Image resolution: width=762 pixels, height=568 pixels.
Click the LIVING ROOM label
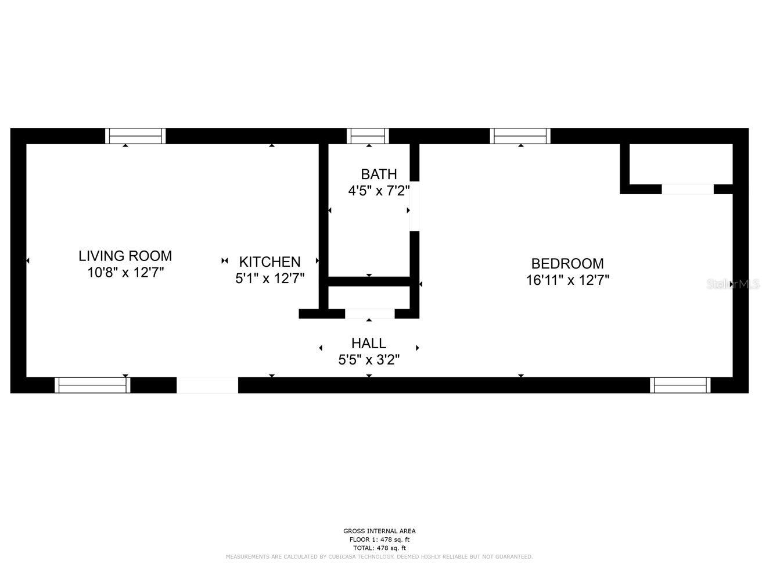(x=125, y=256)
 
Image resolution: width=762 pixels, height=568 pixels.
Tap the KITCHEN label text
(x=269, y=262)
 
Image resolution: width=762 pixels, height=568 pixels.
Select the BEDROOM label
(x=567, y=263)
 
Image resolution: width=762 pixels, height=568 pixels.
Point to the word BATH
(x=379, y=174)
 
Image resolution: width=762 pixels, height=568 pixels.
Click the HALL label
(x=369, y=343)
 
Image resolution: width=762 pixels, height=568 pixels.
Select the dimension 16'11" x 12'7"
(x=567, y=280)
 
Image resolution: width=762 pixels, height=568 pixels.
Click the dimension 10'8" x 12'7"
(x=125, y=273)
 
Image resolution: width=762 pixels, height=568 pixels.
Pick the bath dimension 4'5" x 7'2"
(x=379, y=191)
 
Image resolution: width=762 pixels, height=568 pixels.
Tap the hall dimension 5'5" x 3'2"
(x=369, y=360)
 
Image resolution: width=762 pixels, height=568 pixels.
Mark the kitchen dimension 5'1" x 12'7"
(x=269, y=278)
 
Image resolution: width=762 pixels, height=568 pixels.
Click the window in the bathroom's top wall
(x=368, y=136)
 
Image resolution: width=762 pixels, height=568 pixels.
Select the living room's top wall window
(x=135, y=136)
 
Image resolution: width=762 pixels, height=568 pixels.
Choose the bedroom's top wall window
(x=520, y=136)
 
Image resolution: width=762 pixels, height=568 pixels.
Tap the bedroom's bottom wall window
(x=680, y=385)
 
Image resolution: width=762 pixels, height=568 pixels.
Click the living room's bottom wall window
(x=92, y=385)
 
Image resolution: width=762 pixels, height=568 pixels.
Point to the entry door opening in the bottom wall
(x=207, y=385)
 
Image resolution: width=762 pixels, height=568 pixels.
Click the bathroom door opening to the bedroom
(x=414, y=206)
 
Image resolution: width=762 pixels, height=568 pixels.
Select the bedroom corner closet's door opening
(x=688, y=189)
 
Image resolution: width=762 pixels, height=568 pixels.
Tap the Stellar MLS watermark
(x=733, y=284)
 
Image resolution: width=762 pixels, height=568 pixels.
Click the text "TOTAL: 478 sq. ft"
(x=379, y=548)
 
